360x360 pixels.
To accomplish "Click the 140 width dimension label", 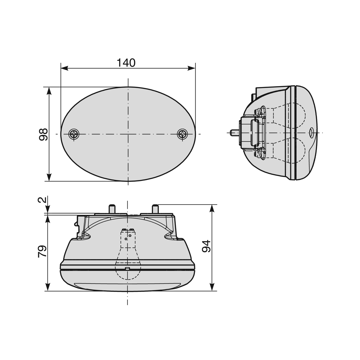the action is [x=126, y=63].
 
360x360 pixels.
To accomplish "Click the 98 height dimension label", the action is [x=43, y=134].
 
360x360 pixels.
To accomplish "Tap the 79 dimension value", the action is [x=42, y=251].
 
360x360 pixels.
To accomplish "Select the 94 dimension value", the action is [x=206, y=246].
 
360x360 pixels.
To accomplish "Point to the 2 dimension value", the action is [x=42, y=200].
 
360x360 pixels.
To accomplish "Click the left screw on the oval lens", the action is [x=74, y=134].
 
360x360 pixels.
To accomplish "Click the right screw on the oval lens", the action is [x=182, y=134].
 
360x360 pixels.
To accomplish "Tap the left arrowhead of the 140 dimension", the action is [x=64, y=68].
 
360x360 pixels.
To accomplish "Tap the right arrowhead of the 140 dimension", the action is [x=191, y=68].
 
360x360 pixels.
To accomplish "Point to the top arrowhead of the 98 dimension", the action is [x=49, y=91].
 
